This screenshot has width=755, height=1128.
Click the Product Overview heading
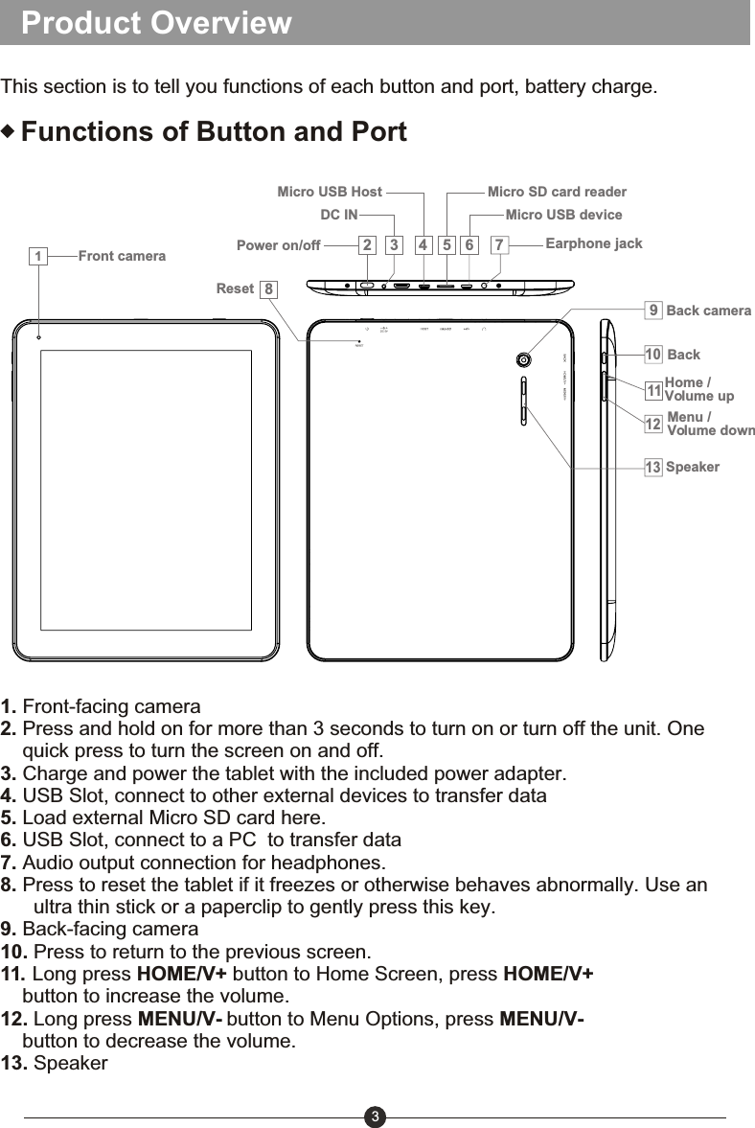[156, 23]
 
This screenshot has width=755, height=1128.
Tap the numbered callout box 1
[37, 257]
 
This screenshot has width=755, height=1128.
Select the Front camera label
[122, 256]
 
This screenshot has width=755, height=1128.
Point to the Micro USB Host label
[329, 192]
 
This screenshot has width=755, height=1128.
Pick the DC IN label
[338, 215]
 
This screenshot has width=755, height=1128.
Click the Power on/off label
[278, 245]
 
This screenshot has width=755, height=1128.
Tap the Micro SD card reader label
[557, 192]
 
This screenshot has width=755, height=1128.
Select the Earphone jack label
[593, 243]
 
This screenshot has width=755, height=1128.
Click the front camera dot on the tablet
[39, 336]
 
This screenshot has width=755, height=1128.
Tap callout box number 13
[652, 468]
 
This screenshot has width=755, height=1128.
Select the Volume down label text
[710, 430]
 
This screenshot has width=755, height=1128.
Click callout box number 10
[652, 355]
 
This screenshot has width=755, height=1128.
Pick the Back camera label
[708, 311]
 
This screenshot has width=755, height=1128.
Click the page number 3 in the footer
[376, 1116]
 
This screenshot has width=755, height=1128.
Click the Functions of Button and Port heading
[214, 131]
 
